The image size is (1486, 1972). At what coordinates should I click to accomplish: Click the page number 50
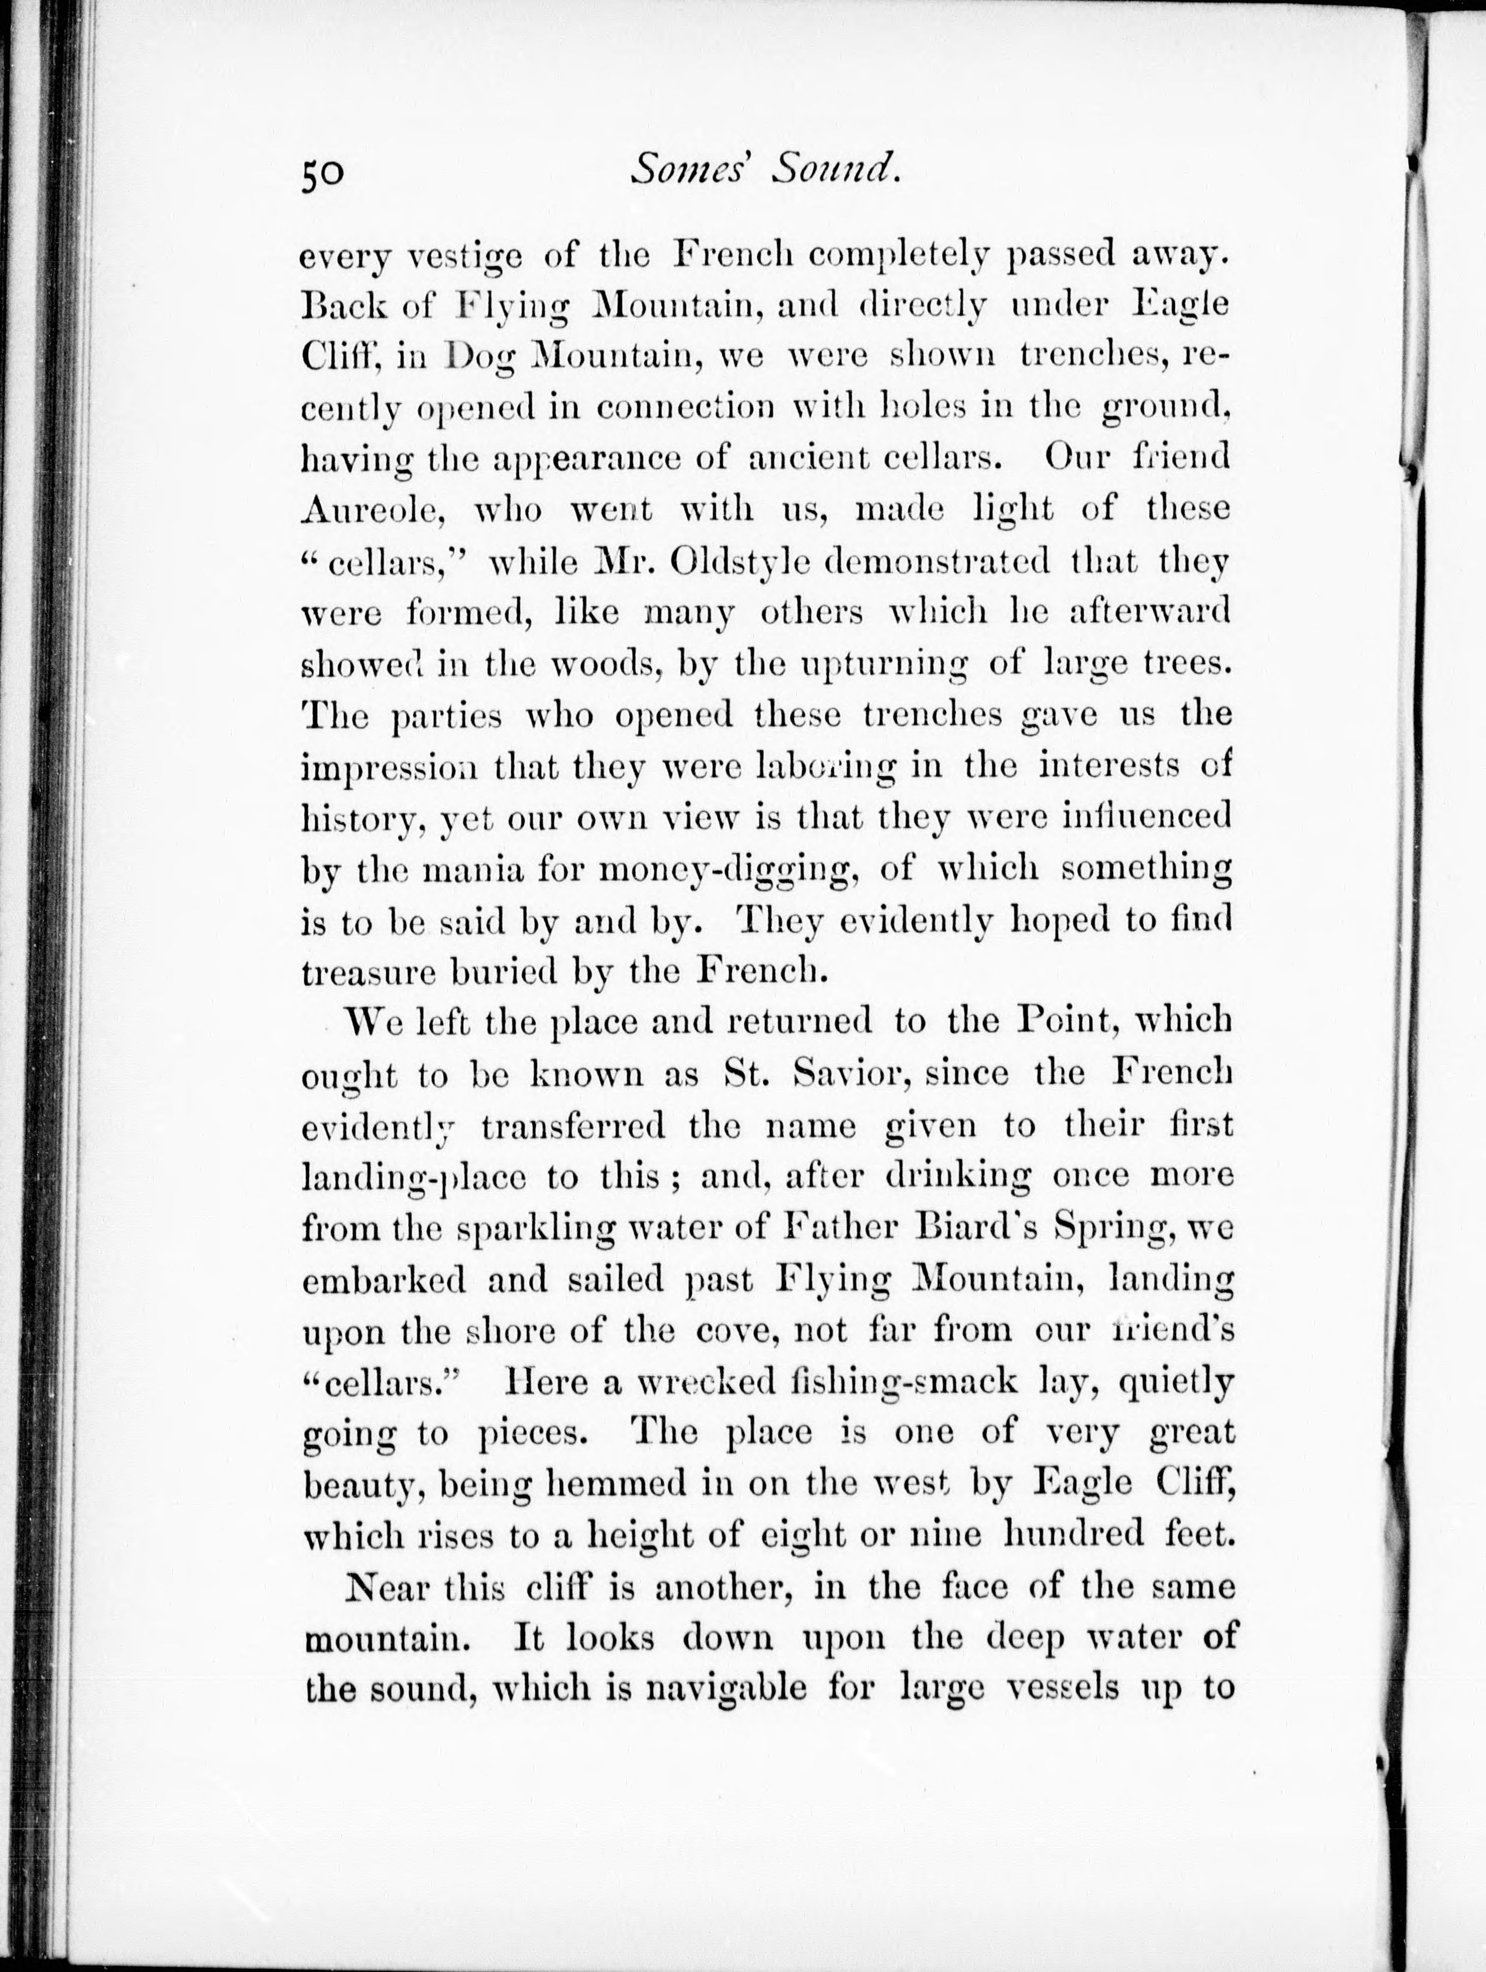click(322, 173)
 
